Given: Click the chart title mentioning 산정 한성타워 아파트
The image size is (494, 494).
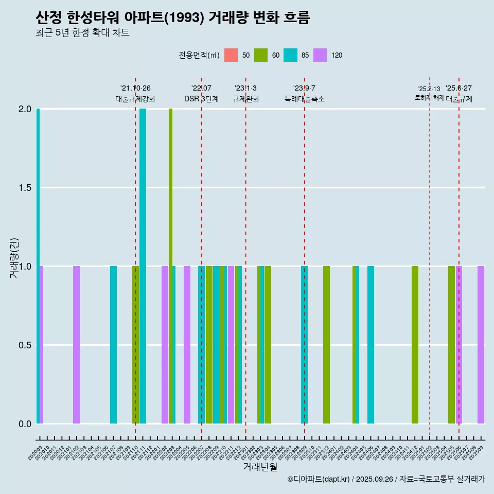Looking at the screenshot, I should point(173,18).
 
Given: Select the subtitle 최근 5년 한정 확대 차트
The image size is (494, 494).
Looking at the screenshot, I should point(82,33).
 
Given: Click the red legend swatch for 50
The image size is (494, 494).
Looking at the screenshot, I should point(231,55).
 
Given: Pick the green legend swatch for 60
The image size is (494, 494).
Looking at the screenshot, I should point(261,55).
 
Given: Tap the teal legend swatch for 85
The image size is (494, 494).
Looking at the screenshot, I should point(290,55).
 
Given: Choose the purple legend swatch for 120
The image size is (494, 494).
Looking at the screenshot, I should point(320,55).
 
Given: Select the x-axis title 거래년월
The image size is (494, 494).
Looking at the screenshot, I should point(260,467).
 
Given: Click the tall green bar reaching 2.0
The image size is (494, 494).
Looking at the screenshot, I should point(170,266).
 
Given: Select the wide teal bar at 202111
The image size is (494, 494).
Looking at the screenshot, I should point(143,266).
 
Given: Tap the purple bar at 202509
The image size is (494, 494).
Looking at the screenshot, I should point(481,345).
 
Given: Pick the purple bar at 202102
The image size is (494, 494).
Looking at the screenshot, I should point(76,345).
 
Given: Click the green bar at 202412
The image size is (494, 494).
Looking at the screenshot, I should point(415,345).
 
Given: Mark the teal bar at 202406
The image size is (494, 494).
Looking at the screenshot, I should point(370,345).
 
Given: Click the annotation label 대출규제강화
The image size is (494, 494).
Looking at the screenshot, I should point(135,99).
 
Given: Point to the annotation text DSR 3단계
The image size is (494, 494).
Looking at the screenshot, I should point(201,99).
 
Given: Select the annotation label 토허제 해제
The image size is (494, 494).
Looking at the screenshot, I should point(429,98).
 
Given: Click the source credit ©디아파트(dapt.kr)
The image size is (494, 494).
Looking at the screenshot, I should point(319,479).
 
